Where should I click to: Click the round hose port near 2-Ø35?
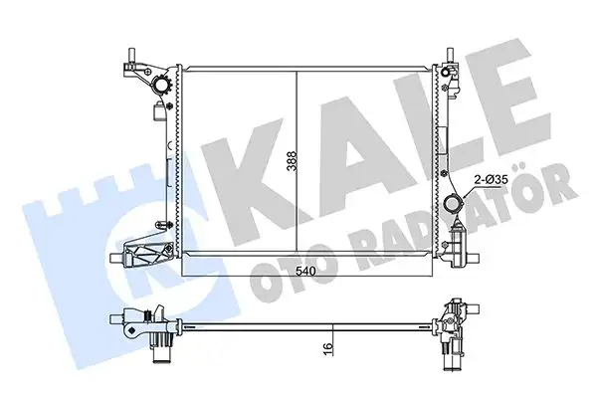coord(453,204)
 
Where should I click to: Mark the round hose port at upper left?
coord(162,89)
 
